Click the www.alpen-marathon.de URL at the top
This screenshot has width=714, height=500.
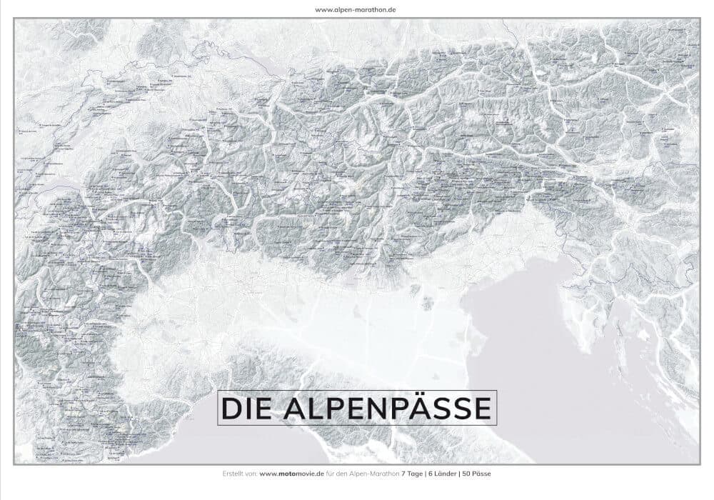pos(356,9)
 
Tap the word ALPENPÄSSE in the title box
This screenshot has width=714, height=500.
pos(387,408)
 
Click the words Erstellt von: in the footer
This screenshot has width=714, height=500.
pos(240,474)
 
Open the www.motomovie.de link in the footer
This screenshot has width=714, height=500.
pos(292,474)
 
